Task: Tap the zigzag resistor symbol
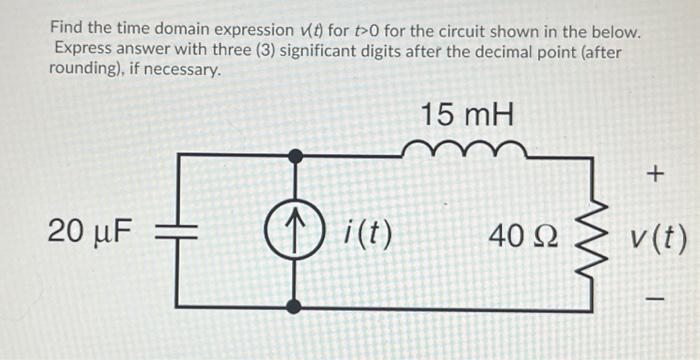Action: (595, 236)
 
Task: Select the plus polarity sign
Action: (655, 176)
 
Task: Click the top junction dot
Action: (294, 155)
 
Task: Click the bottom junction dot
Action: (294, 307)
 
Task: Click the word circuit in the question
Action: (469, 31)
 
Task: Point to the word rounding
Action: (88, 71)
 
